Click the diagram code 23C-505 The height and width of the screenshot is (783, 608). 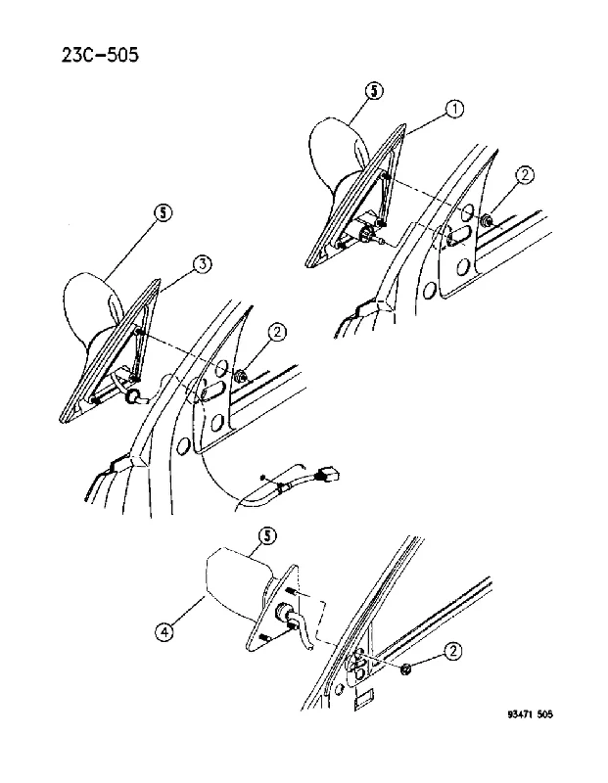click(x=100, y=55)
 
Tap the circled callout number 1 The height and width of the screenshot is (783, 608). click(x=454, y=109)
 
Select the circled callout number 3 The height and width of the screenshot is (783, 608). click(x=202, y=264)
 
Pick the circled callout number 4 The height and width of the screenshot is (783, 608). click(x=164, y=633)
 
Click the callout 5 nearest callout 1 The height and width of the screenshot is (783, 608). click(x=375, y=91)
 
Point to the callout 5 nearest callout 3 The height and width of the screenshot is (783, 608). click(x=163, y=213)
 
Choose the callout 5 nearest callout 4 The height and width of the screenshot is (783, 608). click(x=267, y=536)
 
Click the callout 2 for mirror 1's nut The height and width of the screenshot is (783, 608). click(x=525, y=175)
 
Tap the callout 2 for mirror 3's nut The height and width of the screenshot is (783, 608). click(x=277, y=332)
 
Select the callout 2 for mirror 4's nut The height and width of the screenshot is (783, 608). click(x=452, y=650)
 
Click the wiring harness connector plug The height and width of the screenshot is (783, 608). click(x=326, y=475)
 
